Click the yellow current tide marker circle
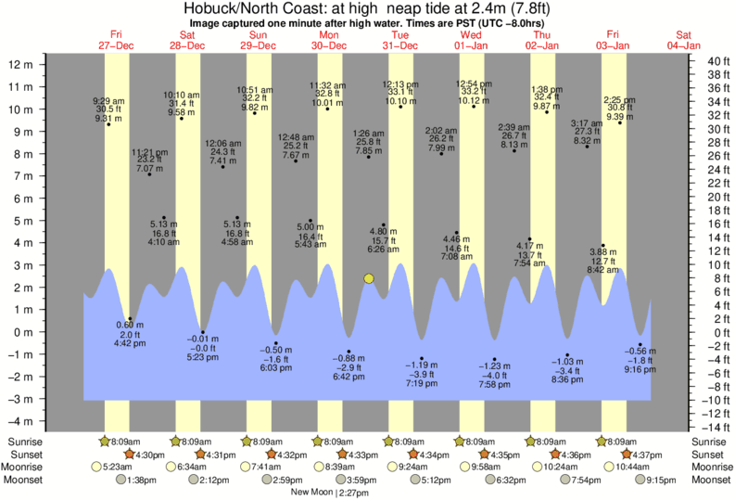coord(369,278)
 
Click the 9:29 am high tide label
coord(108,101)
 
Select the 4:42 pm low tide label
coord(129,341)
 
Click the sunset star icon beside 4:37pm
coord(627,455)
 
